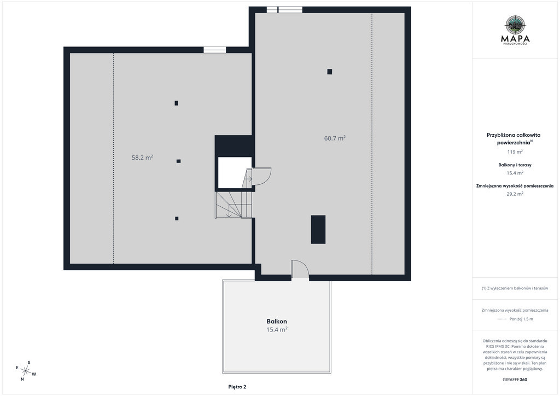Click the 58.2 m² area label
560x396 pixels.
click(142, 157)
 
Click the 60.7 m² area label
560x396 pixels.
click(335, 138)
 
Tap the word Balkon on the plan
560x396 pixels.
click(277, 322)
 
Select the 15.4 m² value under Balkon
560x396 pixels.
click(277, 330)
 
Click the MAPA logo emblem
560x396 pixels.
click(515, 25)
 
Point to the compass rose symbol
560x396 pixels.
click(26, 371)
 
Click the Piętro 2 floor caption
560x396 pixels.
click(237, 387)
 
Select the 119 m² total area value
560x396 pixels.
click(515, 152)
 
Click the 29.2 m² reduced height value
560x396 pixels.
click(515, 194)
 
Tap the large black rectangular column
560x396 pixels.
click(318, 230)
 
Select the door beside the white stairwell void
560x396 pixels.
click(261, 177)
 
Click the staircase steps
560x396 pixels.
click(234, 205)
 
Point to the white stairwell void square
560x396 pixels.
click(235, 172)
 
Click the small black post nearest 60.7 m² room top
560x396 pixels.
click(330, 72)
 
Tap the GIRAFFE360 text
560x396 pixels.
click(515, 380)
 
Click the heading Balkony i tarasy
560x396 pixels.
click(515, 165)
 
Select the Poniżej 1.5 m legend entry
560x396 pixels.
click(521, 319)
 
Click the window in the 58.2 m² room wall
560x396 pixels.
click(214, 50)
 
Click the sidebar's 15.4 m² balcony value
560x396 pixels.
click(515, 173)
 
